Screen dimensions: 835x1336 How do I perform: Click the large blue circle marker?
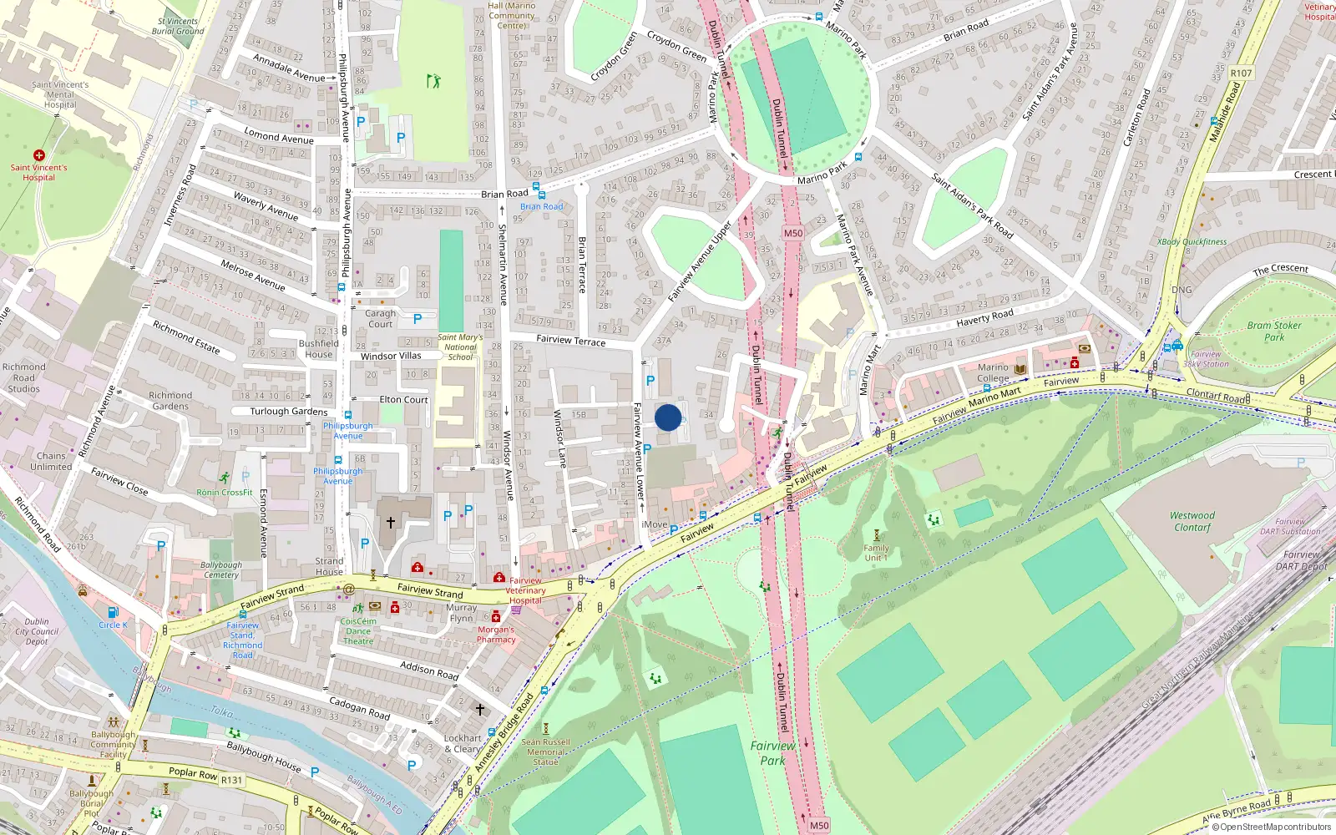pos(668,417)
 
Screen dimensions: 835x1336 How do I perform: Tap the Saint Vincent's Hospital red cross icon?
pos(39,155)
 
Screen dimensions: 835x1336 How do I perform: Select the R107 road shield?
pos(1241,73)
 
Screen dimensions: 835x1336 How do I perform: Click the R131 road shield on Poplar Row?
pos(231,780)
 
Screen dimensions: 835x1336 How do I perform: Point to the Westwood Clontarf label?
pos(1192,521)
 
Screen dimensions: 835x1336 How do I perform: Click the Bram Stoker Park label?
pos(1273,331)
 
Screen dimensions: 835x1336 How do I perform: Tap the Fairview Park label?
pos(772,753)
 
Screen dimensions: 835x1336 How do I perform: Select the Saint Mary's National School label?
pos(460,347)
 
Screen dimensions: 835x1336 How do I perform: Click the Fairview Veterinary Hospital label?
pos(525,590)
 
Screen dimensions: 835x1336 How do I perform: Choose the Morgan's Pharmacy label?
pos(496,635)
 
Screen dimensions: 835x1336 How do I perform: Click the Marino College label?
pos(993,372)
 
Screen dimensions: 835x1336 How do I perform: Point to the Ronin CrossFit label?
pos(224,492)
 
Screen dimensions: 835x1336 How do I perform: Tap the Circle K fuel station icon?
pos(113,612)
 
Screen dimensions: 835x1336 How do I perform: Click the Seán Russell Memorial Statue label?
pos(545,751)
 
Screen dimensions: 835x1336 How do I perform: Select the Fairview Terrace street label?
pos(571,340)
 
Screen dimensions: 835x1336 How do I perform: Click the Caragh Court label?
pos(380,319)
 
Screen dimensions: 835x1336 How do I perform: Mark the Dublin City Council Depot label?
pos(37,631)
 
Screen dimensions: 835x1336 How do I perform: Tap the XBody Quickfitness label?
pos(1192,241)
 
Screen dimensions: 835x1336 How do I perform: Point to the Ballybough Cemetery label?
pos(221,569)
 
